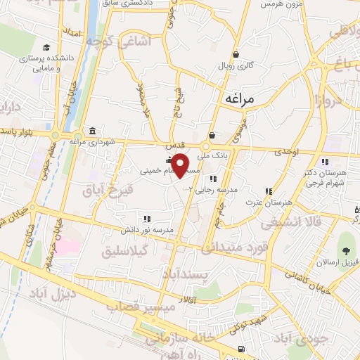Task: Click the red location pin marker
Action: point(181,165)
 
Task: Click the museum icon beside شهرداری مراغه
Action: point(93,130)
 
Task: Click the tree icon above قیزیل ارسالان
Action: point(345,250)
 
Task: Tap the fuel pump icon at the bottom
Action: point(241,349)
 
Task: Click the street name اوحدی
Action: point(287,152)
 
